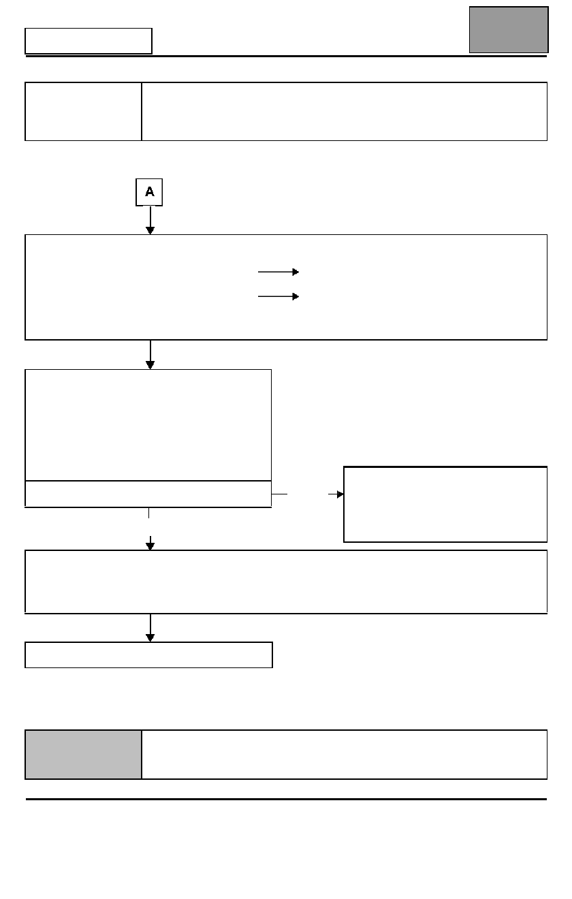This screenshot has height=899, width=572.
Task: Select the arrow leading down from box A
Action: pyautogui.click(x=150, y=221)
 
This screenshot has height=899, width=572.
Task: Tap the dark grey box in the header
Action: pyautogui.click(x=509, y=30)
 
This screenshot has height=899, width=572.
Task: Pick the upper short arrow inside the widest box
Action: pyautogui.click(x=279, y=272)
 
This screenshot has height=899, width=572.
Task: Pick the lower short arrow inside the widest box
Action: pyautogui.click(x=279, y=296)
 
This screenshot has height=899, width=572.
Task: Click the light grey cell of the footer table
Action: pyautogui.click(x=83, y=755)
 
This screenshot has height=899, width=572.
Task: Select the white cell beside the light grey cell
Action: pyautogui.click(x=345, y=755)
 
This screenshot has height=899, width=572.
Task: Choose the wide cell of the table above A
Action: pyautogui.click(x=345, y=112)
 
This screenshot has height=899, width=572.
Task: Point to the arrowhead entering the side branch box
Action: pyautogui.click(x=340, y=494)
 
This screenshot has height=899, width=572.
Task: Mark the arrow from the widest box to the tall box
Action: pyautogui.click(x=150, y=355)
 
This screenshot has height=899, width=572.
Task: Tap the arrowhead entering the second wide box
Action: pyautogui.click(x=150, y=546)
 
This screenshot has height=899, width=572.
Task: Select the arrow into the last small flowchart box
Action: pyautogui.click(x=150, y=628)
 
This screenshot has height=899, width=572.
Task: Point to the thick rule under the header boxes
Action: pyautogui.click(x=286, y=57)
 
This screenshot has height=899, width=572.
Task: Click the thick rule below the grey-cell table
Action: pyautogui.click(x=286, y=799)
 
